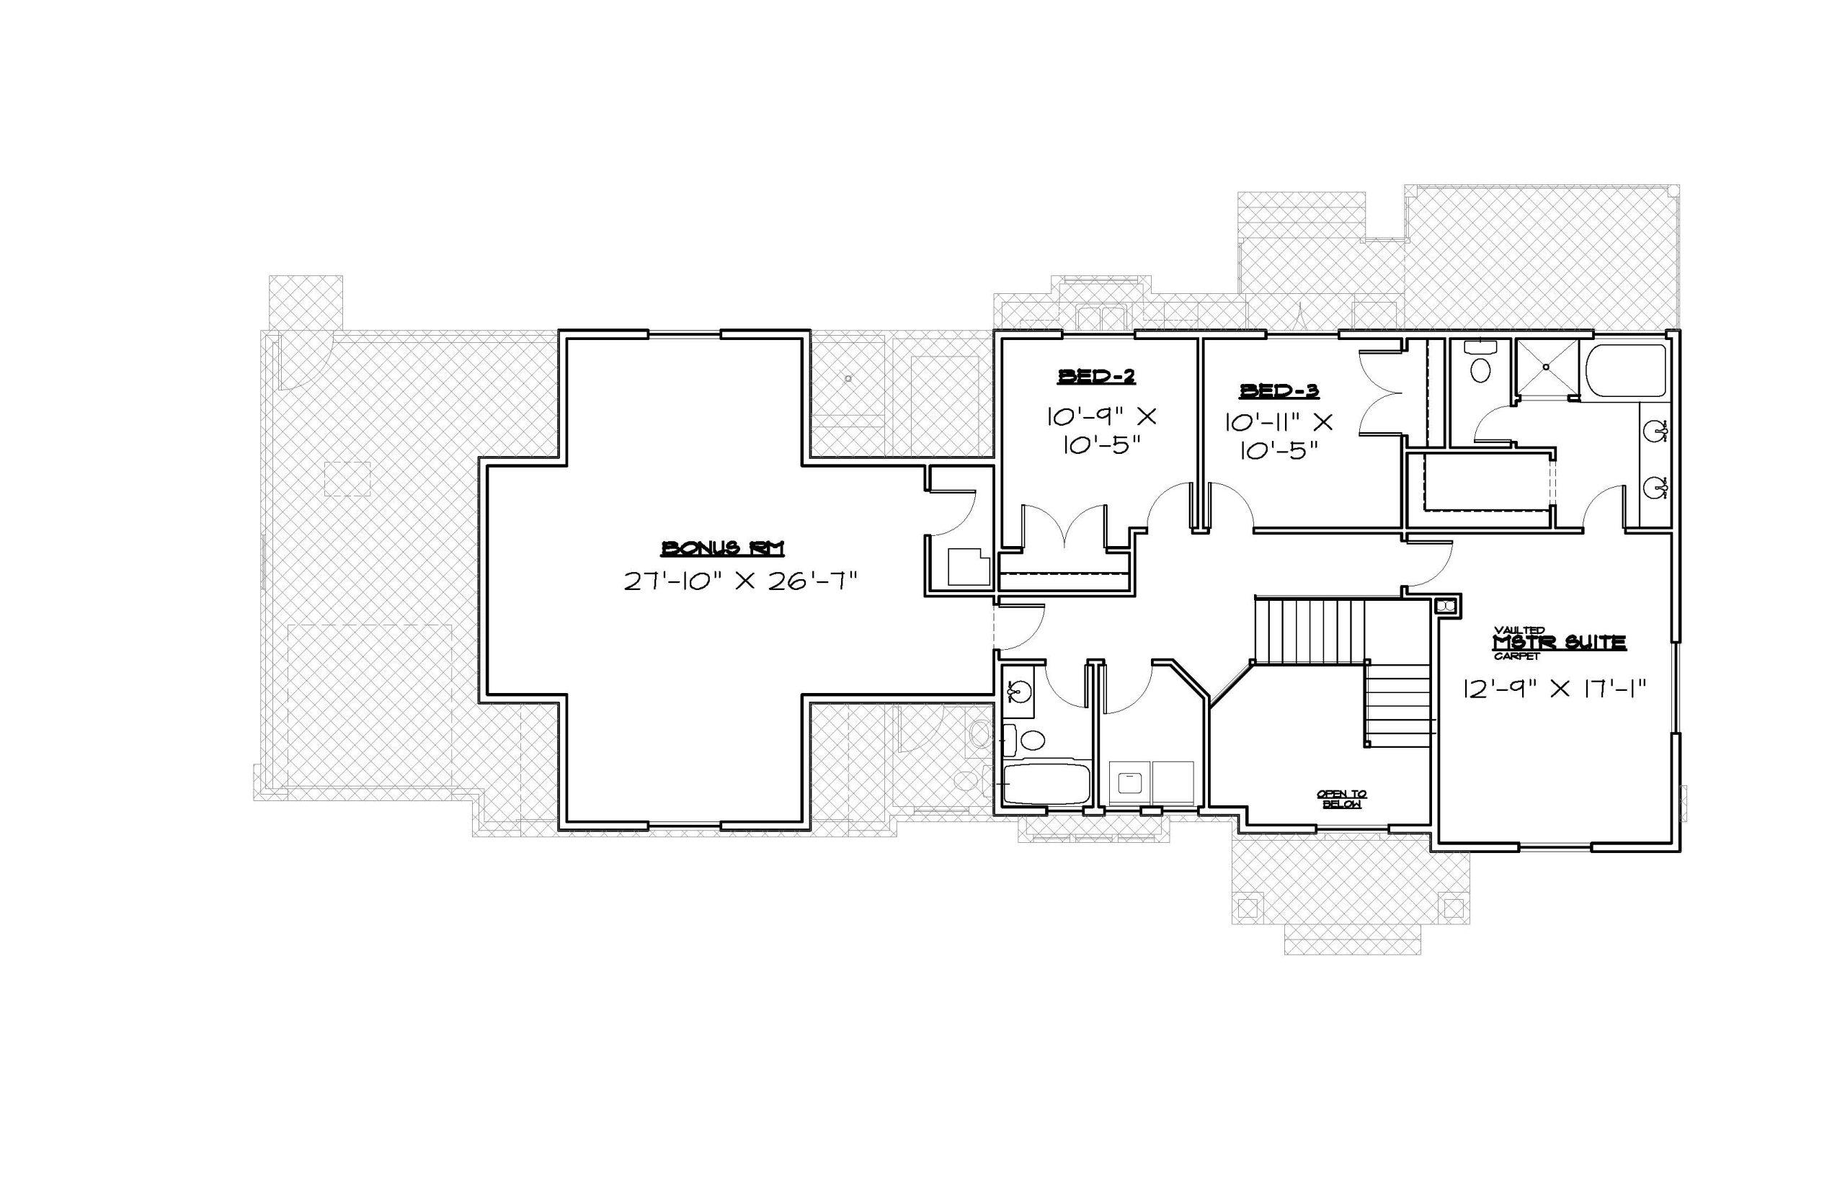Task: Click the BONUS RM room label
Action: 721,548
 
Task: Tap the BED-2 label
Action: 1096,377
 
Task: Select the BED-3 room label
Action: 1279,390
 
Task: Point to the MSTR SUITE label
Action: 1559,642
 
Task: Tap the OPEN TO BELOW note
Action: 1342,799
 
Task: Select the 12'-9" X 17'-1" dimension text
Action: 1554,688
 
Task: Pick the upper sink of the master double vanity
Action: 1658,429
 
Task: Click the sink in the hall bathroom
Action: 1018,690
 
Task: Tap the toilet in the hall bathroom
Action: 1024,738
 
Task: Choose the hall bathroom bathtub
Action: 1047,784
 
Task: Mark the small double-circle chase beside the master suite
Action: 1446,605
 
